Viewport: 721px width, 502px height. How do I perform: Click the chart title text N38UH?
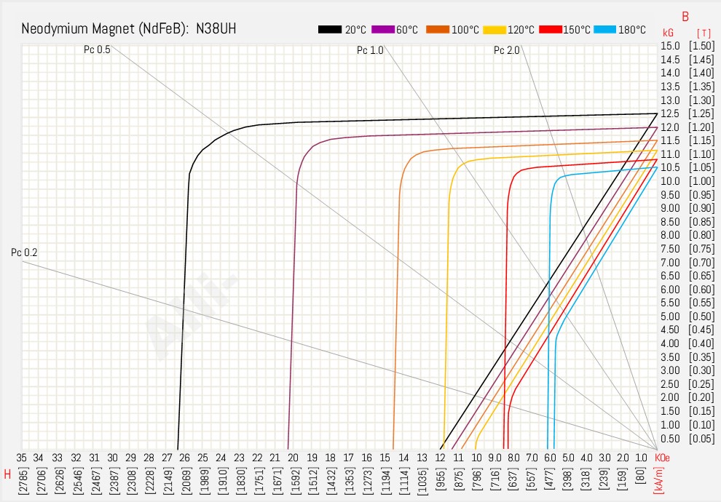[211, 29]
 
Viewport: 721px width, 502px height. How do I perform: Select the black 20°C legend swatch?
[330, 30]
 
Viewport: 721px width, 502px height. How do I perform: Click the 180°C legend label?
[632, 30]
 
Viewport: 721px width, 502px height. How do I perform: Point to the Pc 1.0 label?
[370, 50]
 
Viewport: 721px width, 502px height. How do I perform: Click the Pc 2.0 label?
[507, 50]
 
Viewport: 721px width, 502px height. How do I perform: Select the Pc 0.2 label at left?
[24, 252]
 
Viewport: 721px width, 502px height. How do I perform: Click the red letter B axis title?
[685, 16]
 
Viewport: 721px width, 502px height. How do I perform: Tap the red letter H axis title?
[7, 474]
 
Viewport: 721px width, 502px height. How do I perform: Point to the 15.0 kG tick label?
[670, 46]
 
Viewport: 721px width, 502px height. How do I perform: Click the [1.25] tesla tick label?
[701, 113]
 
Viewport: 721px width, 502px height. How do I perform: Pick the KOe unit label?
[662, 457]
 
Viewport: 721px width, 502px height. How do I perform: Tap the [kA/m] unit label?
[659, 481]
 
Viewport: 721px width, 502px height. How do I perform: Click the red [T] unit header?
[704, 33]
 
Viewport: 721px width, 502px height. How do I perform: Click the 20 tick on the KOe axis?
[293, 457]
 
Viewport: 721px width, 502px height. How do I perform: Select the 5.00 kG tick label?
[670, 316]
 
